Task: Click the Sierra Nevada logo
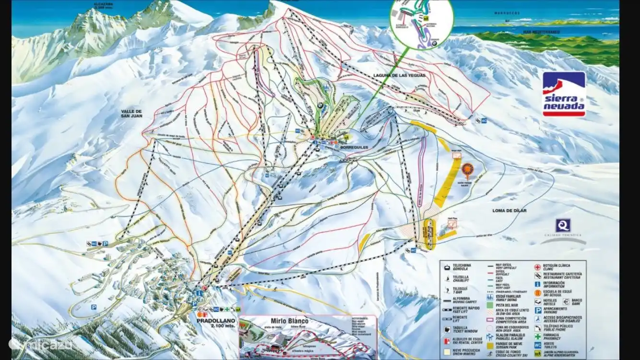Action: point(564,94)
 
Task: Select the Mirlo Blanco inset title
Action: point(282,321)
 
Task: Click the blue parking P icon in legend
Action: point(538,310)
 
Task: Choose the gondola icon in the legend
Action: point(446,267)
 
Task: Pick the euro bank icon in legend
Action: point(566,301)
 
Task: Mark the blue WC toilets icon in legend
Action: point(538,345)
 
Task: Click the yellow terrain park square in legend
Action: point(490,345)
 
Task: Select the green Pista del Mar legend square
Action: point(490,304)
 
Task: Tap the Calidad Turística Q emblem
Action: point(563,225)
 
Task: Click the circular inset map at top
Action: point(421,23)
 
